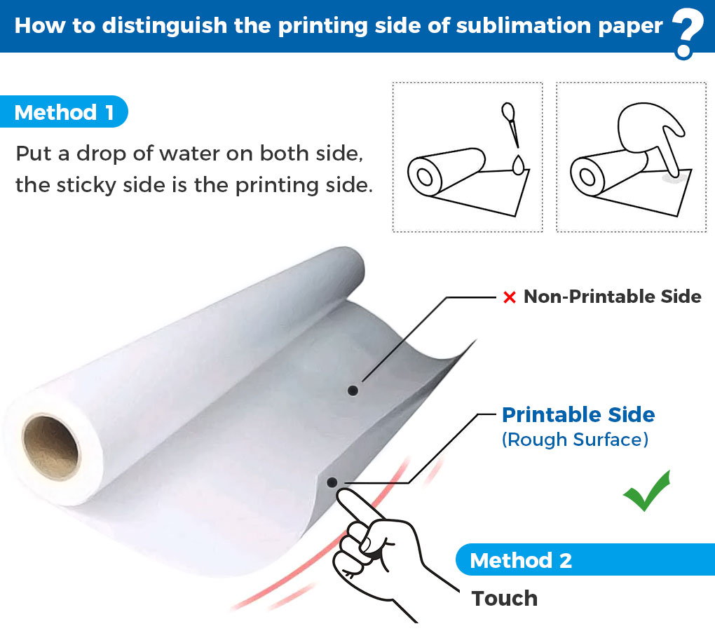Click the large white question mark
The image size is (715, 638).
(x=688, y=33)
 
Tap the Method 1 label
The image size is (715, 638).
(x=64, y=111)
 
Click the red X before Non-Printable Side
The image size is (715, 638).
(x=510, y=297)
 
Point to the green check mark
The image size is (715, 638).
(x=646, y=491)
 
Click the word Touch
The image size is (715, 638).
(x=504, y=598)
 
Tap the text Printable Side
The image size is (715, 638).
(x=578, y=414)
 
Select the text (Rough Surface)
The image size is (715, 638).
(x=575, y=440)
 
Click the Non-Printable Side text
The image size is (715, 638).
(x=613, y=297)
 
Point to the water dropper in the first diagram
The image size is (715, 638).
(x=510, y=123)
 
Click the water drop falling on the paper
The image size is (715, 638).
(x=519, y=165)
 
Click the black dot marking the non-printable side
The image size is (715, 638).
(x=353, y=391)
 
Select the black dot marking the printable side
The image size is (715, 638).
(x=332, y=482)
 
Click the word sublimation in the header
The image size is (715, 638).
(x=524, y=25)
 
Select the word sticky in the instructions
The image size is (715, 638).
(x=86, y=185)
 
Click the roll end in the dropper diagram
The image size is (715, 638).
(x=425, y=177)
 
